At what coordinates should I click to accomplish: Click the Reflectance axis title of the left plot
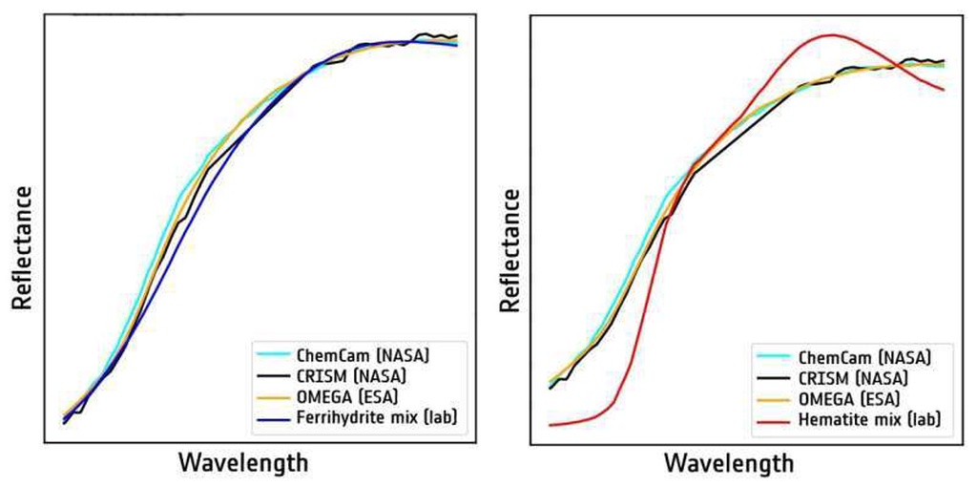tap(22, 247)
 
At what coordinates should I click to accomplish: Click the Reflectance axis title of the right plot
tap(511, 250)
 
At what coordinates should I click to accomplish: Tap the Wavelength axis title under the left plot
tap(243, 463)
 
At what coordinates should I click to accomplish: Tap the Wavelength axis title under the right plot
tap(729, 464)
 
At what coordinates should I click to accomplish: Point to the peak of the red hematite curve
tap(832, 35)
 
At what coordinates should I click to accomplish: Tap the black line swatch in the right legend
tap(771, 378)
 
